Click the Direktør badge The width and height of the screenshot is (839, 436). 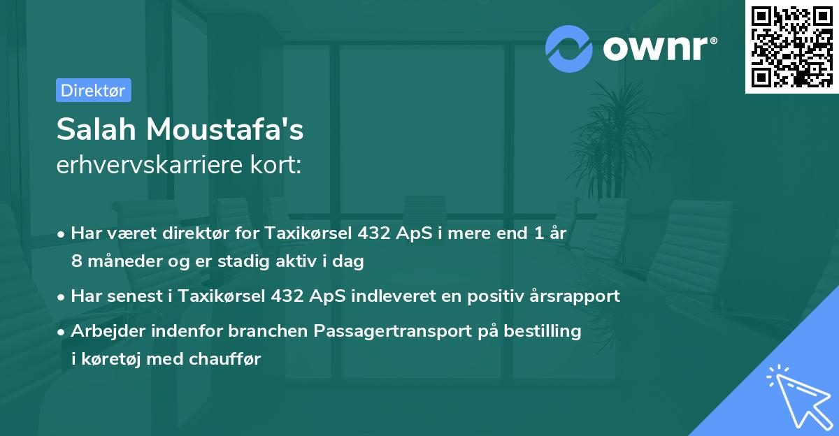[93, 90]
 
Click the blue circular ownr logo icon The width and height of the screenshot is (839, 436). [569, 48]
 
